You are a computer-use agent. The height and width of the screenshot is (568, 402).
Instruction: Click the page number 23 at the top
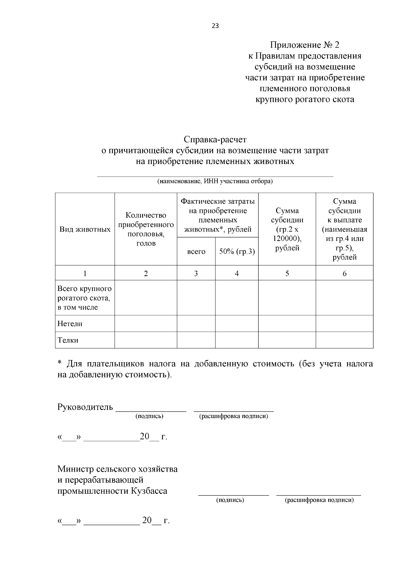(x=215, y=26)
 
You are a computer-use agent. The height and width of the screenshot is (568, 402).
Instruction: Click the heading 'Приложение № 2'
(x=305, y=45)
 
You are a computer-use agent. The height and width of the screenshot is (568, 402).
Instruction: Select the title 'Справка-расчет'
(x=215, y=139)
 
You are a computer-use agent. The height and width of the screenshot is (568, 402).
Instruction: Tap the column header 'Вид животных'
(x=85, y=229)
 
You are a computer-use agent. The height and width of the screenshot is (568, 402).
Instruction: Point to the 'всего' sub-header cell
(x=196, y=251)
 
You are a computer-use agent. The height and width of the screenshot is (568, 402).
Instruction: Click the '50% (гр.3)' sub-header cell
(x=237, y=251)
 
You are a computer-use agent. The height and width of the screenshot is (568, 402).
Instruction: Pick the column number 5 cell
(x=287, y=273)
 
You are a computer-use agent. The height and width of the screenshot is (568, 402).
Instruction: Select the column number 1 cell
(x=85, y=273)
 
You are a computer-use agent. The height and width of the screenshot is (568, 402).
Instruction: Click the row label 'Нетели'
(x=70, y=324)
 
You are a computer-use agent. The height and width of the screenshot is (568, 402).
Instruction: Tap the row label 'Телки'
(x=68, y=340)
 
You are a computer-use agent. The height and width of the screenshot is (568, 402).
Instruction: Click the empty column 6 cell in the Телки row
(x=344, y=340)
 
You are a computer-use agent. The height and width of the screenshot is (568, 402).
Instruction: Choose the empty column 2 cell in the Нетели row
(x=146, y=324)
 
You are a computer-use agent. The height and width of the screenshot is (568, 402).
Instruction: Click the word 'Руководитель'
(x=85, y=407)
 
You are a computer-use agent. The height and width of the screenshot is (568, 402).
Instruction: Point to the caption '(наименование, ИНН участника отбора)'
(x=215, y=181)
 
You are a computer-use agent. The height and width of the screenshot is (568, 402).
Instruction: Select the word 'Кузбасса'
(x=149, y=491)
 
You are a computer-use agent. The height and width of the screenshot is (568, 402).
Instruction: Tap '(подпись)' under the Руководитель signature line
(x=149, y=416)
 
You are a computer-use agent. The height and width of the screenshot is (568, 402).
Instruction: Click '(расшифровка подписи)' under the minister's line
(x=319, y=500)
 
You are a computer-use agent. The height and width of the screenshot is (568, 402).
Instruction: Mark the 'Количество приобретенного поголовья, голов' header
(x=146, y=229)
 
